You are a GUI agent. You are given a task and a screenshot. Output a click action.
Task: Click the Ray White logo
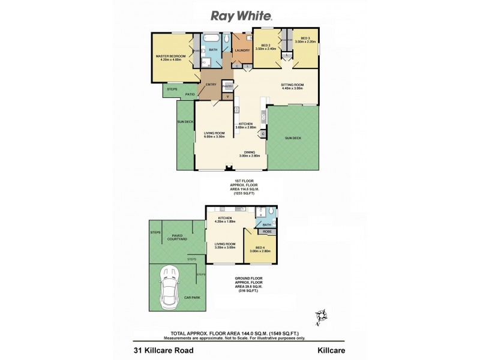click(x=240, y=16)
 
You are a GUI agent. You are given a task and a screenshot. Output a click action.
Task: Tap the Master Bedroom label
click(x=168, y=56)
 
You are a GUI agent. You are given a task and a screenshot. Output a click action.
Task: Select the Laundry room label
click(x=242, y=51)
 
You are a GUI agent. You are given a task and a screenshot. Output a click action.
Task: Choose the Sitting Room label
click(x=293, y=85)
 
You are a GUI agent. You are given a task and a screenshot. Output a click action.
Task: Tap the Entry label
click(x=211, y=85)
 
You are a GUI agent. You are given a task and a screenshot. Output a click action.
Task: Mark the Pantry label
click(x=227, y=86)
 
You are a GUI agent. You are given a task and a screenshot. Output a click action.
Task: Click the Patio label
click(x=190, y=94)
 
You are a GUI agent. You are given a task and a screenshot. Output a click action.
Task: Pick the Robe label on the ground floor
click(x=266, y=230)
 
